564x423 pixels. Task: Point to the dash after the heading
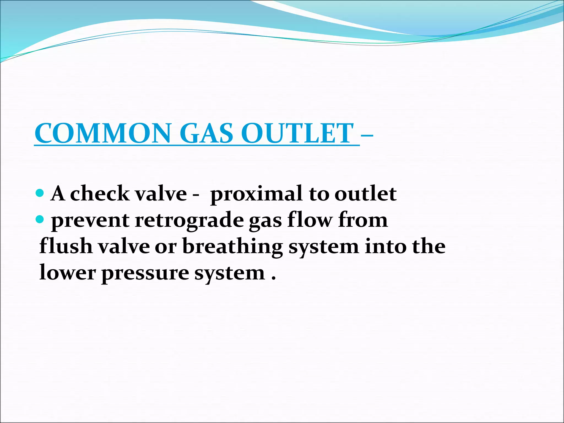pos(367,135)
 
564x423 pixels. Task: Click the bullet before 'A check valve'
pos(40,192)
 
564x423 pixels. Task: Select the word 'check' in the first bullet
pos(100,193)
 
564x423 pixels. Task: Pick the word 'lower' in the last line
pos(67,273)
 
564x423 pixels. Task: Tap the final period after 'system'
pos(273,278)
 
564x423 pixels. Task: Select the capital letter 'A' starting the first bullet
pos(58,193)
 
